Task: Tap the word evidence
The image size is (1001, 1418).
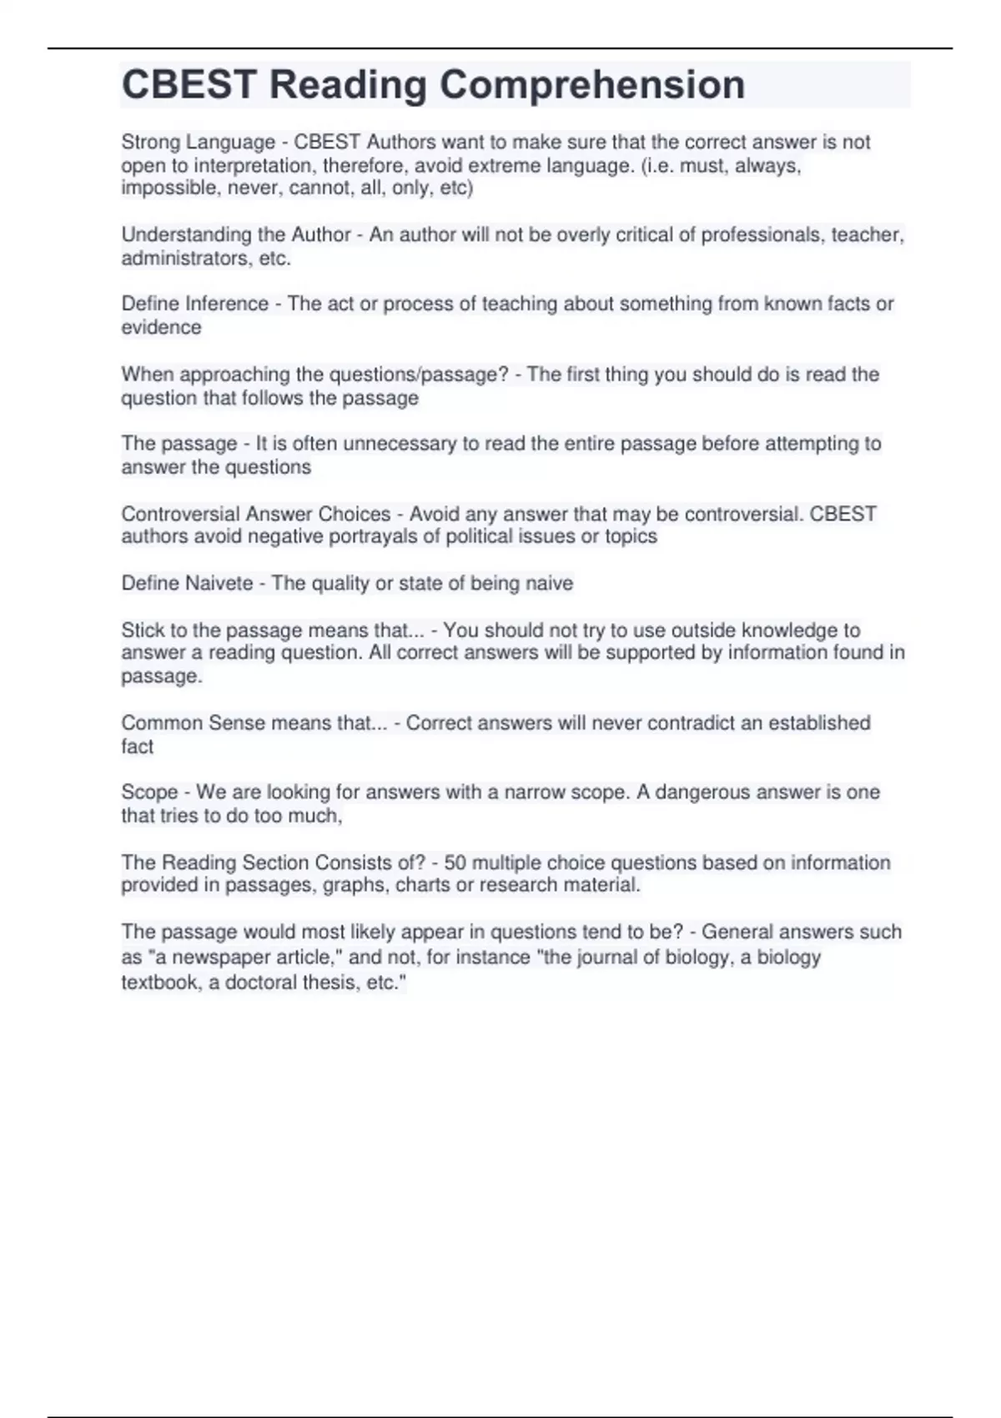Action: coord(161,328)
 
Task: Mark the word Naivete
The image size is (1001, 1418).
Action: coord(219,583)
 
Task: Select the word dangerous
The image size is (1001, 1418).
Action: coord(702,792)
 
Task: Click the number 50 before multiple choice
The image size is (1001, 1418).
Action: coord(455,862)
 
